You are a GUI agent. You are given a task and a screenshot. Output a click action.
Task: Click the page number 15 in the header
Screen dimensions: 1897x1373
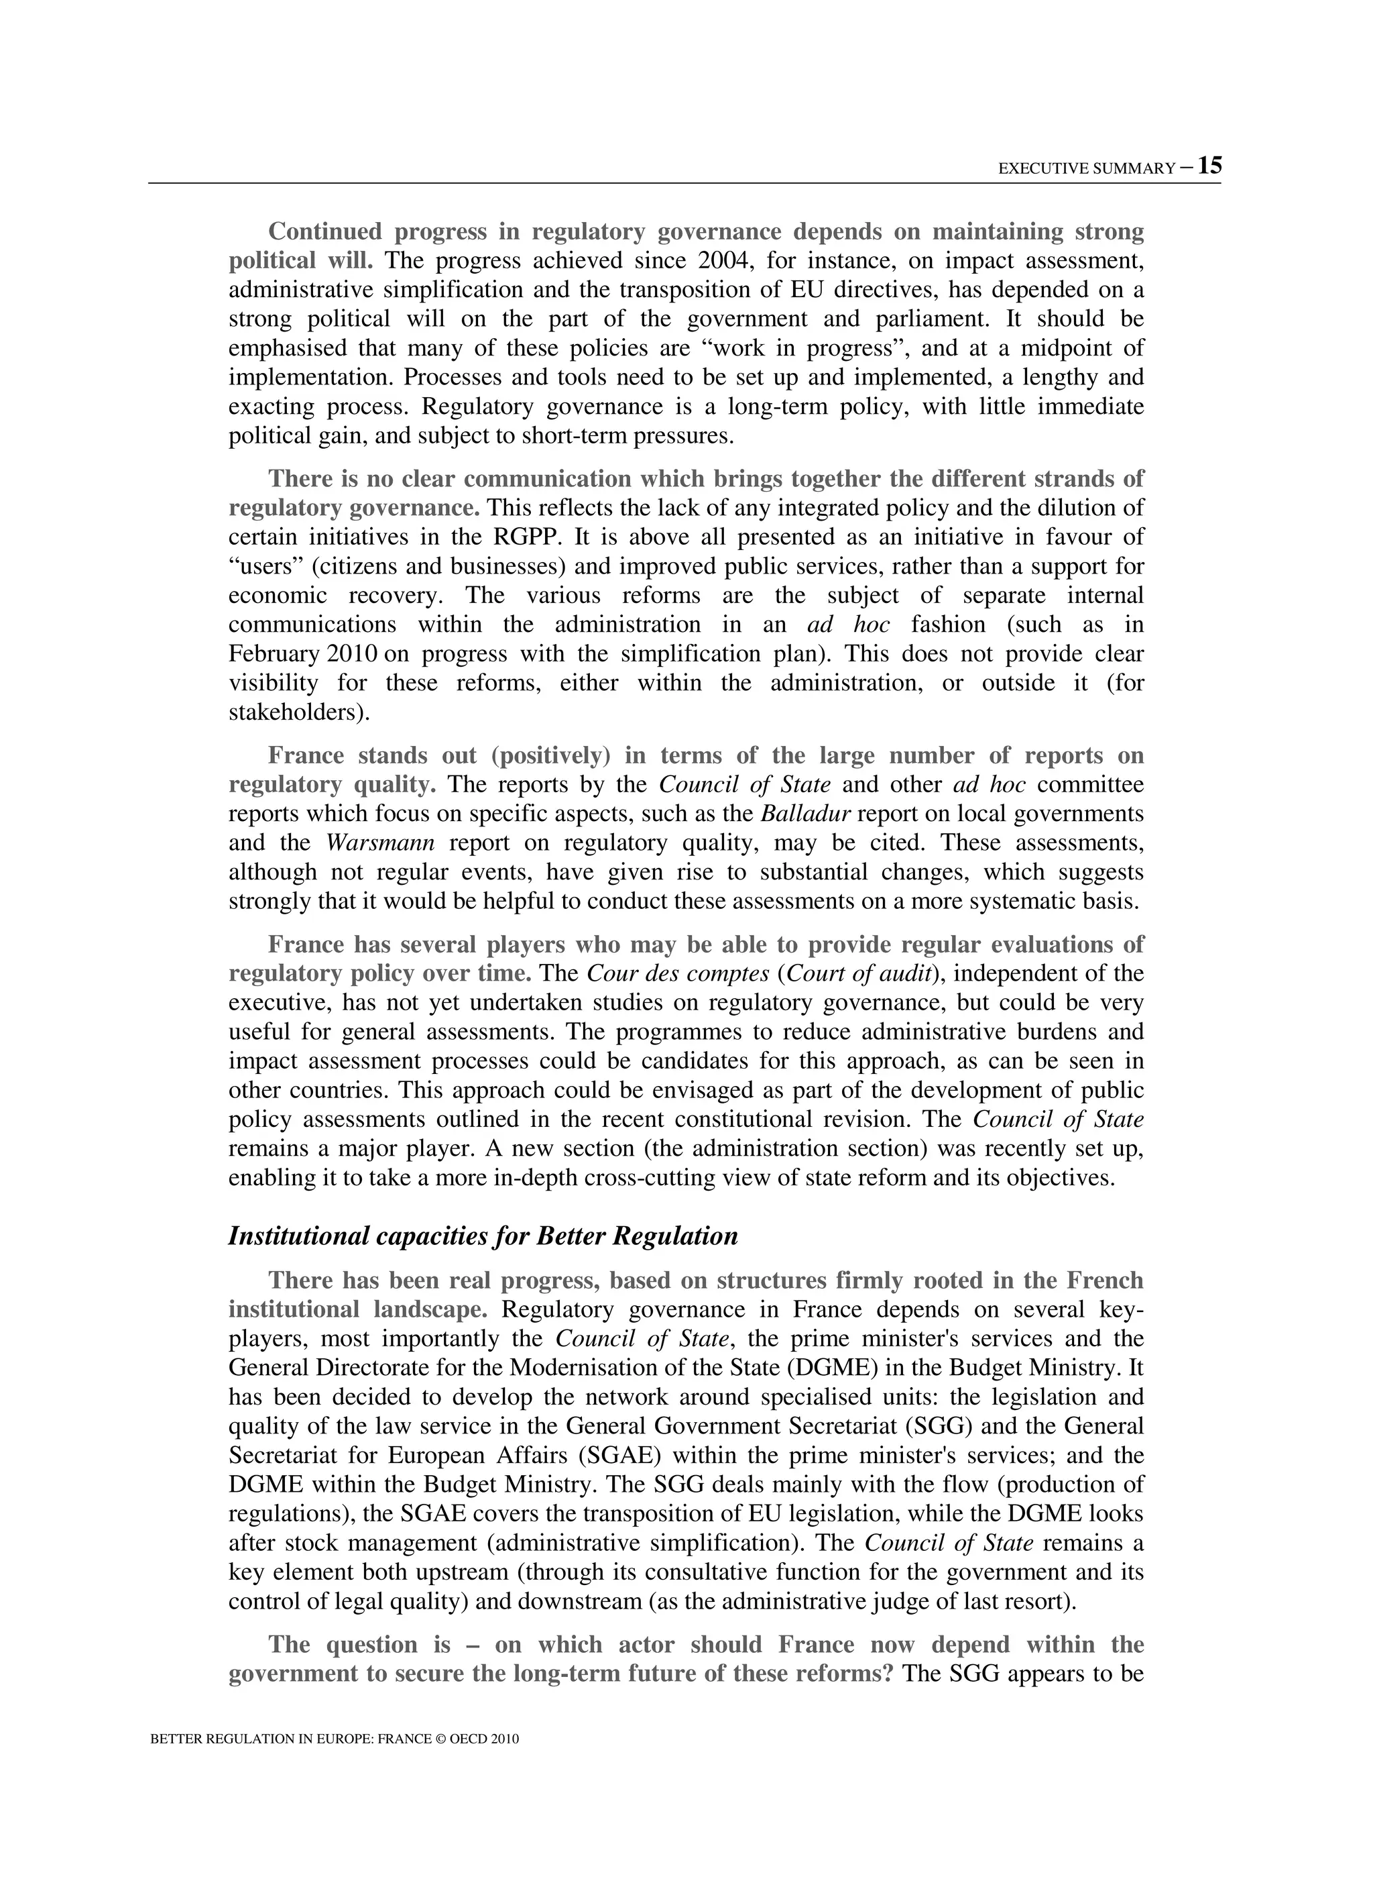[x=1209, y=166]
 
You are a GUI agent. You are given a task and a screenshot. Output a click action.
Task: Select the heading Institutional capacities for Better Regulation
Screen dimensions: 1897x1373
[x=483, y=1236]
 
